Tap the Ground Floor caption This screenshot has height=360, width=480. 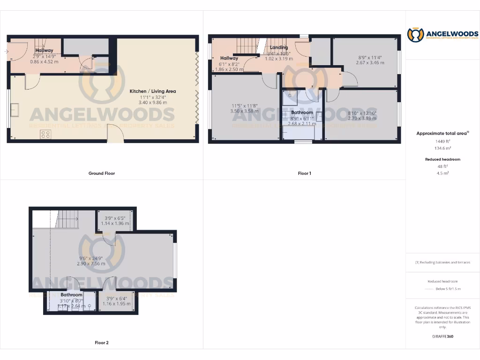tap(102, 173)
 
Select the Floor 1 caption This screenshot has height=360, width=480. tap(305, 173)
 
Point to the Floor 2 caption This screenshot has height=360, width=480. tap(102, 343)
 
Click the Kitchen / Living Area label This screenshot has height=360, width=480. tap(153, 91)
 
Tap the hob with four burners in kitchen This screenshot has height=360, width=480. tap(46, 134)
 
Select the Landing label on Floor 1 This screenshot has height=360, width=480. tap(279, 48)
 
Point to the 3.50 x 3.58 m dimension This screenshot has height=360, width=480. tap(245, 112)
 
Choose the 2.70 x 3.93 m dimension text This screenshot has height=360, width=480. tap(362, 119)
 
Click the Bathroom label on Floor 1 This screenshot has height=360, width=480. tap(302, 112)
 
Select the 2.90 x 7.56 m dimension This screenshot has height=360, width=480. tap(92, 264)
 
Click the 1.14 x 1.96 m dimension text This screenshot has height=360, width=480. tap(115, 224)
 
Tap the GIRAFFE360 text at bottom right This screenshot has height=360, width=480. tap(442, 337)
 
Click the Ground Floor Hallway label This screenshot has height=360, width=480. tap(45, 50)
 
